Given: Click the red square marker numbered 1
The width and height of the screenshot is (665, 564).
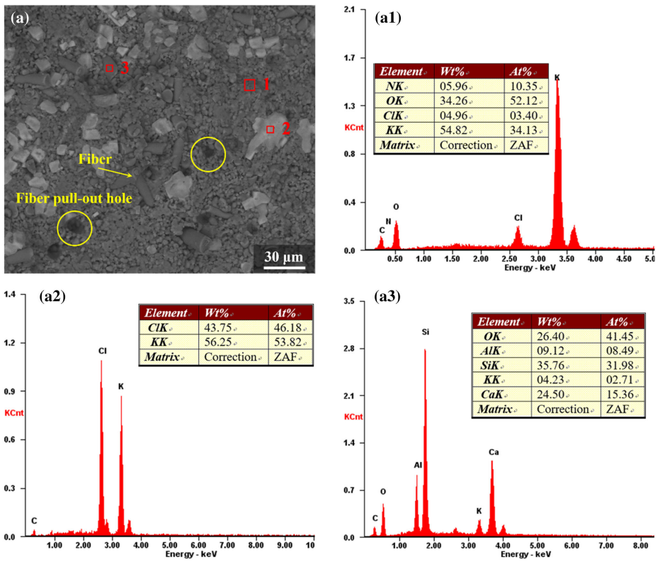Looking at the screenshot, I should click(249, 85).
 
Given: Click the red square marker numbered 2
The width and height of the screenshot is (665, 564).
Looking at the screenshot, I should click(270, 129).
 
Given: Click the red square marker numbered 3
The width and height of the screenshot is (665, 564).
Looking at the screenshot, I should click(110, 68).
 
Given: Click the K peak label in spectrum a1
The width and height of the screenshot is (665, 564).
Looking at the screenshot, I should click(557, 77).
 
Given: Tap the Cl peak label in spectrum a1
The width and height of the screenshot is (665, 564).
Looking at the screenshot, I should click(518, 218).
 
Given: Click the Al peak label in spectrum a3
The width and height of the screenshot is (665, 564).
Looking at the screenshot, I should click(417, 465).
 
